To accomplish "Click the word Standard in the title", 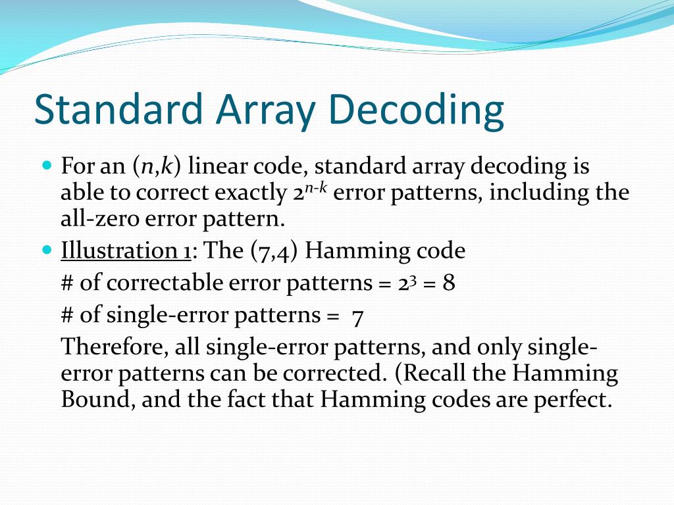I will coord(118,110).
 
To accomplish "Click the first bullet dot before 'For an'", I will coord(46,165).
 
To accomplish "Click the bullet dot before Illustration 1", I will coord(46,251).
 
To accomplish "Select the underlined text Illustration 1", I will coord(126,251).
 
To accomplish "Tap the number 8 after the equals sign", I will coord(449,283).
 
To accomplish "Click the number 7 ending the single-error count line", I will coord(358,316).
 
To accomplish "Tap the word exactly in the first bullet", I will coord(251,193).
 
